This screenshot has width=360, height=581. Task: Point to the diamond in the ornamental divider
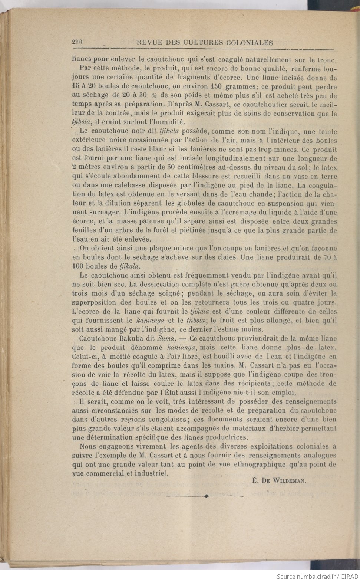click(x=206, y=496)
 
